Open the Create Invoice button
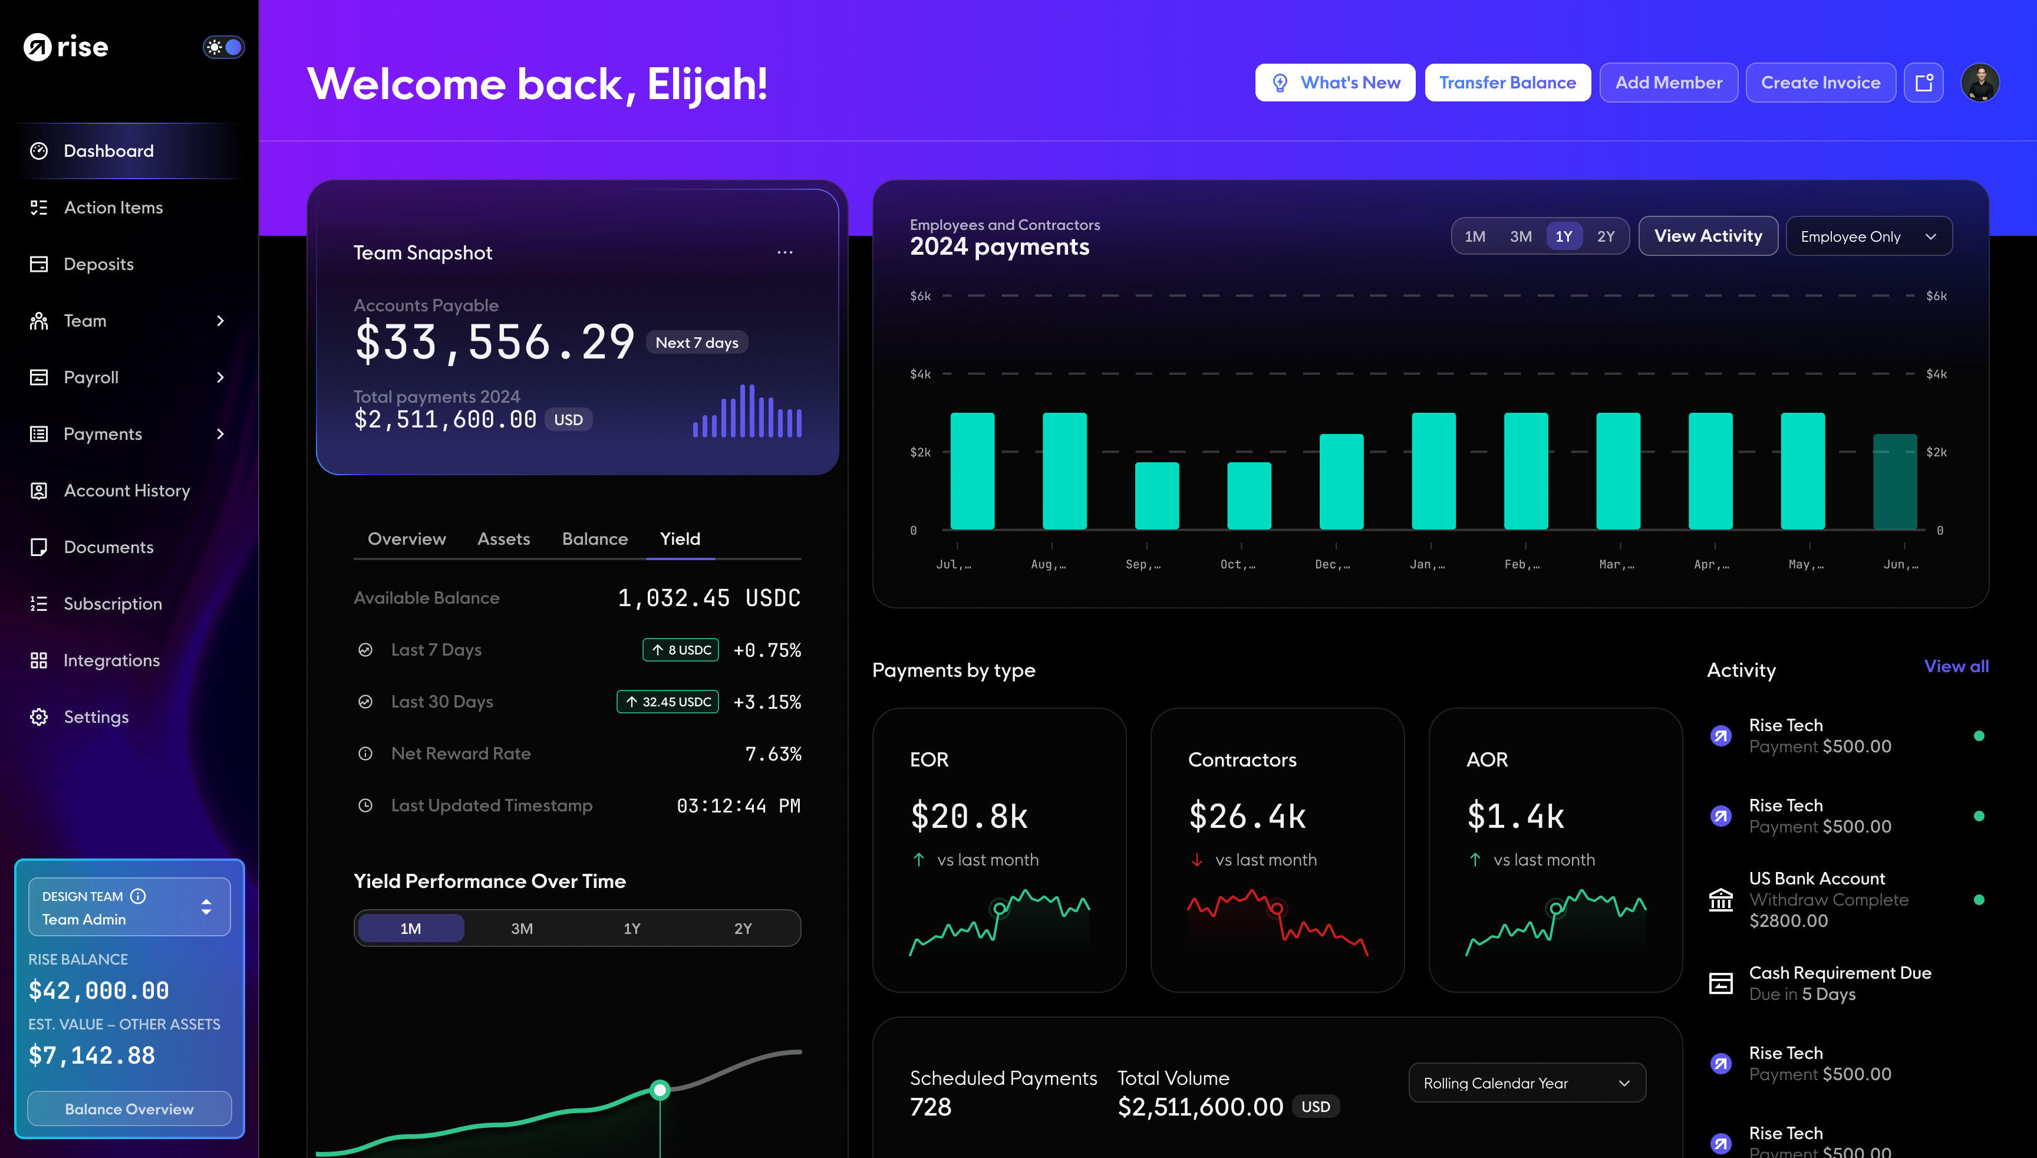(1820, 83)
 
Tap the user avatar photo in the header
(1980, 83)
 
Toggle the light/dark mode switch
(223, 47)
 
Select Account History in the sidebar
(126, 491)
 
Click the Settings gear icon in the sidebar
(39, 716)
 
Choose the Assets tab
(503, 539)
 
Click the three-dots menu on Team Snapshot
(785, 252)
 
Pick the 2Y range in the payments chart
(1606, 236)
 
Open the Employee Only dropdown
(1868, 236)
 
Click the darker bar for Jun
(1895, 481)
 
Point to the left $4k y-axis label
(920, 374)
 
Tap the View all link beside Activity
(1956, 666)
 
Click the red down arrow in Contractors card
(1197, 860)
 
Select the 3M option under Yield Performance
(522, 928)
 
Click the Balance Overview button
(129, 1108)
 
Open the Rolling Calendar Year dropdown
(1527, 1083)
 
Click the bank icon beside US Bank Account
(1720, 900)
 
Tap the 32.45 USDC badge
(668, 702)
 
